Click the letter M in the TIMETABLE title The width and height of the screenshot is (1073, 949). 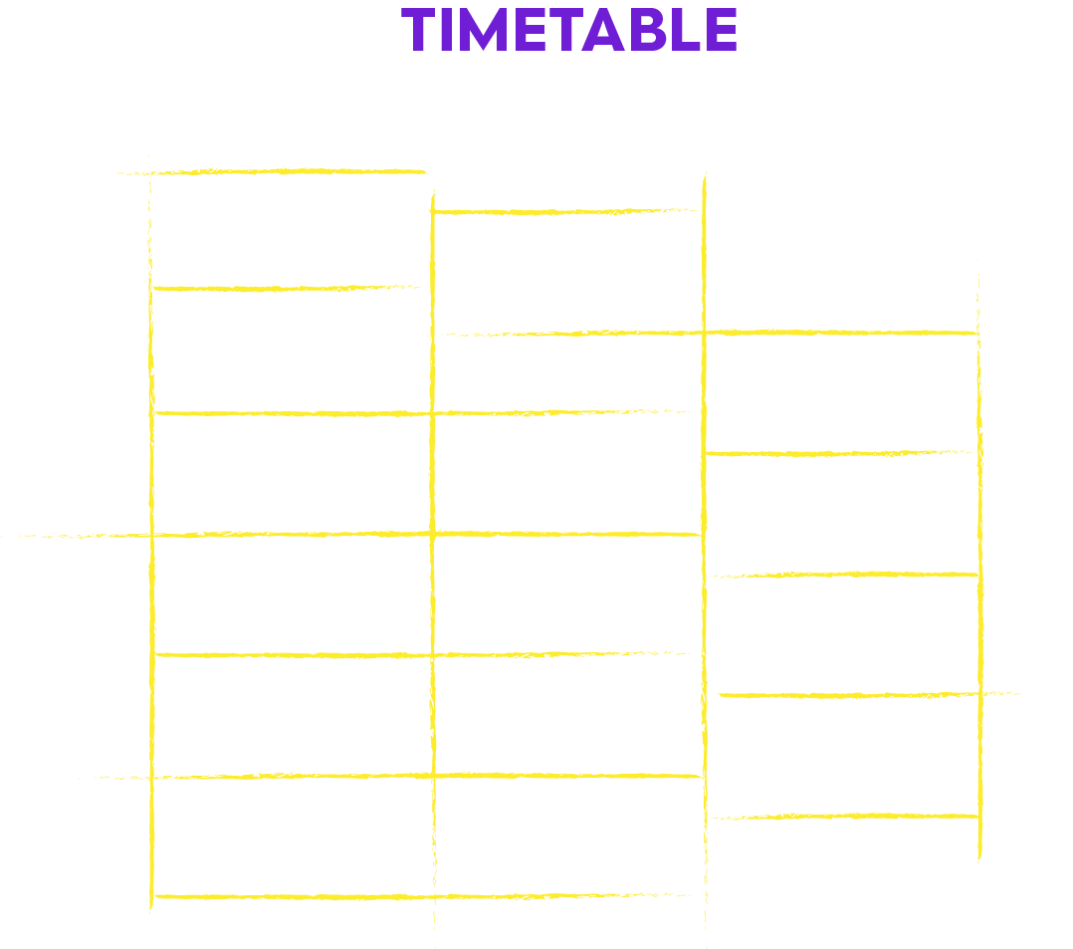(x=484, y=30)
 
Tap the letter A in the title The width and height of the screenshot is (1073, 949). (x=603, y=30)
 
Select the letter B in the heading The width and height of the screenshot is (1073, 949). (x=648, y=30)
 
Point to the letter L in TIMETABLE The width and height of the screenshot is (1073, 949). (x=687, y=30)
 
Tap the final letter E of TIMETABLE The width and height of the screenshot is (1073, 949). (x=722, y=30)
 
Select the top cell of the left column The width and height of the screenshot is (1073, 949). (x=291, y=230)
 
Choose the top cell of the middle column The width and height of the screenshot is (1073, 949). (x=568, y=273)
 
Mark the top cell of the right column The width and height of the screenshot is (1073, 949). (x=842, y=393)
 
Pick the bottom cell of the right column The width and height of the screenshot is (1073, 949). (x=843, y=755)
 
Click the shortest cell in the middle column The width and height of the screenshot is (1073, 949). (x=568, y=372)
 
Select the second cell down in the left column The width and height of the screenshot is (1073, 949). (x=292, y=351)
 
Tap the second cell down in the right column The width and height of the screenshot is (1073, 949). (x=842, y=514)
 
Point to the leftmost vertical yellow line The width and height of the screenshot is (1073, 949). (x=150, y=534)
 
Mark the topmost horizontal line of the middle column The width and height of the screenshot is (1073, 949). (x=565, y=211)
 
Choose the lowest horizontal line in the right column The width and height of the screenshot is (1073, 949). (x=844, y=817)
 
